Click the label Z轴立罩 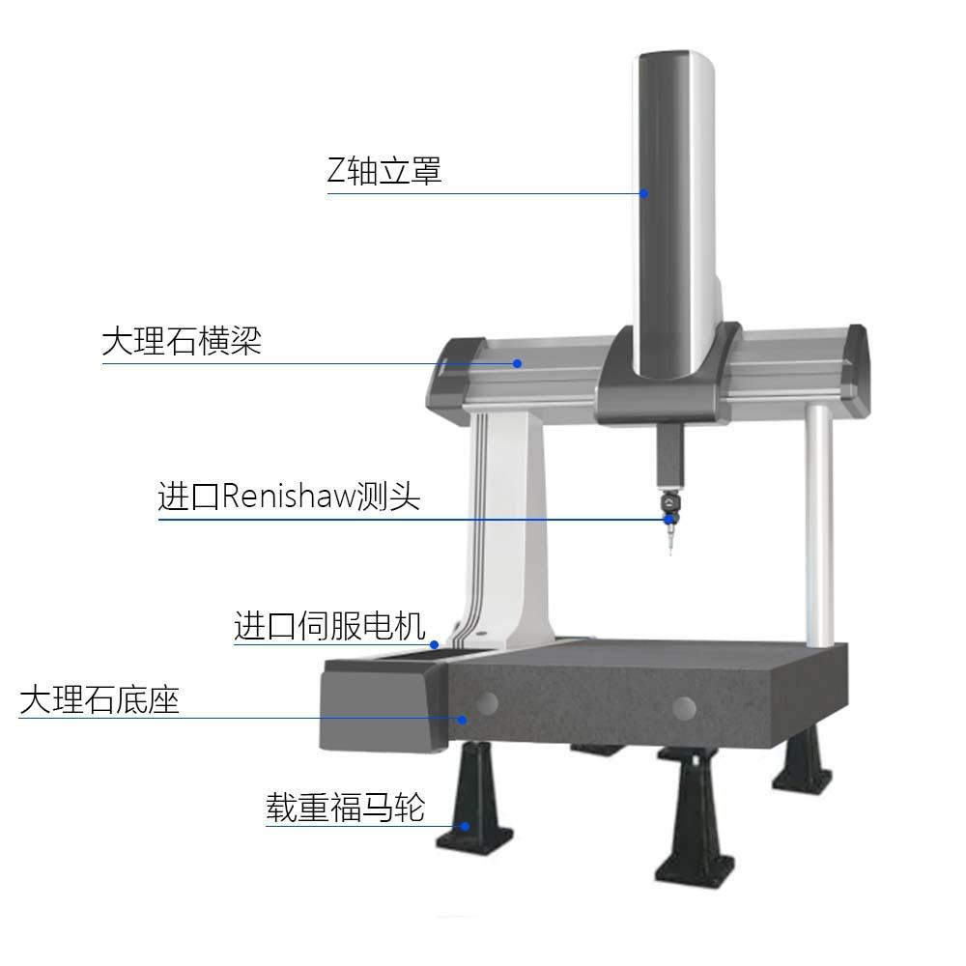click(x=384, y=172)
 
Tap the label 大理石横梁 click(x=182, y=342)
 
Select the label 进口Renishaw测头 click(x=289, y=497)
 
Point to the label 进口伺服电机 click(x=329, y=625)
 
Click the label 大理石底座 click(x=99, y=699)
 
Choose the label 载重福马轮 click(x=346, y=807)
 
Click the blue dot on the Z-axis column click(x=643, y=192)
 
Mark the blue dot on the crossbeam click(x=517, y=363)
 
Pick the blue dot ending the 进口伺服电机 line click(x=435, y=644)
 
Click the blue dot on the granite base click(x=463, y=719)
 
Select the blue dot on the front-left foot click(x=466, y=826)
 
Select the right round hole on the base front click(x=684, y=708)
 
